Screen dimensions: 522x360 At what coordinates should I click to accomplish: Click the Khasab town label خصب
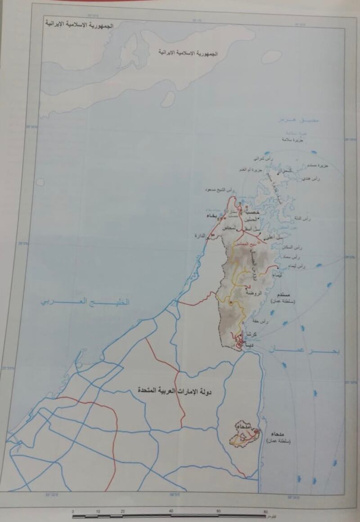[254, 212]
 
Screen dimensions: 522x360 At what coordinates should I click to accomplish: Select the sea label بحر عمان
[305, 350]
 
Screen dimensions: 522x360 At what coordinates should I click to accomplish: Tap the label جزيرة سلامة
[293, 140]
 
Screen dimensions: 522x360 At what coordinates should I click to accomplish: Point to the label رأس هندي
[311, 179]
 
